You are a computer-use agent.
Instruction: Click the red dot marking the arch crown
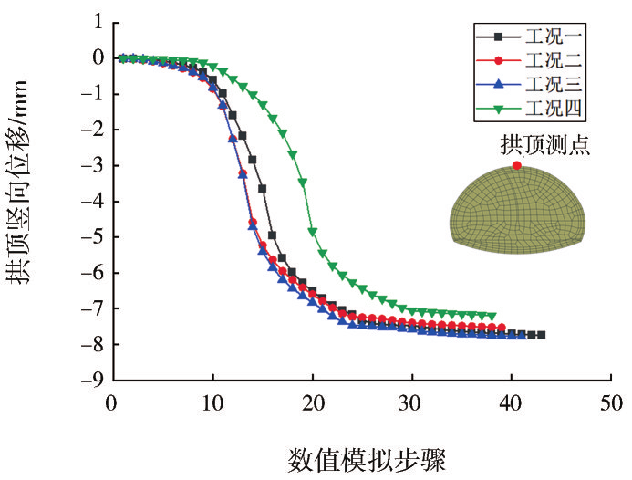[x=517, y=165]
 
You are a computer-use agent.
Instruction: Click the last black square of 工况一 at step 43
[x=541, y=335]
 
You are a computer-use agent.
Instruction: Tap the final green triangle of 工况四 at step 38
[x=492, y=316]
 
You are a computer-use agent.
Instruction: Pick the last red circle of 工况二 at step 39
[x=502, y=328]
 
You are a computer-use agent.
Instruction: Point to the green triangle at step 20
[x=312, y=232]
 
